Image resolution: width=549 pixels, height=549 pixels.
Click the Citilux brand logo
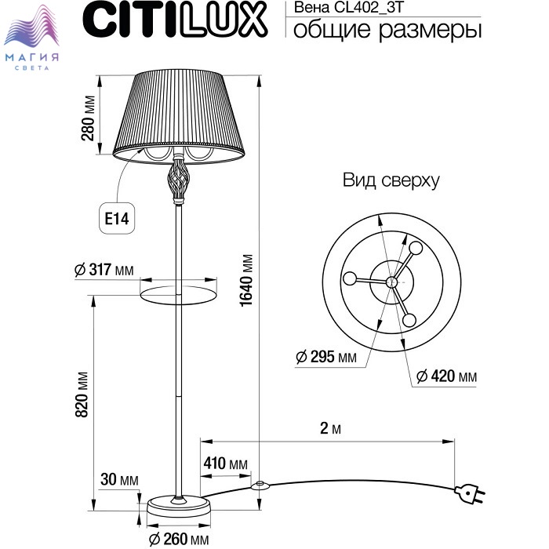[175, 20]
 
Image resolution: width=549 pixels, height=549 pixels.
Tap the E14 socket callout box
[118, 219]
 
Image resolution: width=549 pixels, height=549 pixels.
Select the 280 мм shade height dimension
[88, 118]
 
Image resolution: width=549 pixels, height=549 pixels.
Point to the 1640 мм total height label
[246, 280]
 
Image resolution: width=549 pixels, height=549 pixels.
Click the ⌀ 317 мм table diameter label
[104, 270]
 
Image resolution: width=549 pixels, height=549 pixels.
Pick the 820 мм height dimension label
[82, 394]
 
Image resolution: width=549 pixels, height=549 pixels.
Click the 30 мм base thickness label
[119, 479]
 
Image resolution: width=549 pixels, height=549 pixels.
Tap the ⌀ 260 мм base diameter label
[179, 540]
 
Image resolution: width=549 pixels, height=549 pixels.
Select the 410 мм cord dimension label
[226, 464]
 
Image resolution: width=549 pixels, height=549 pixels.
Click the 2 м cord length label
[330, 428]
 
